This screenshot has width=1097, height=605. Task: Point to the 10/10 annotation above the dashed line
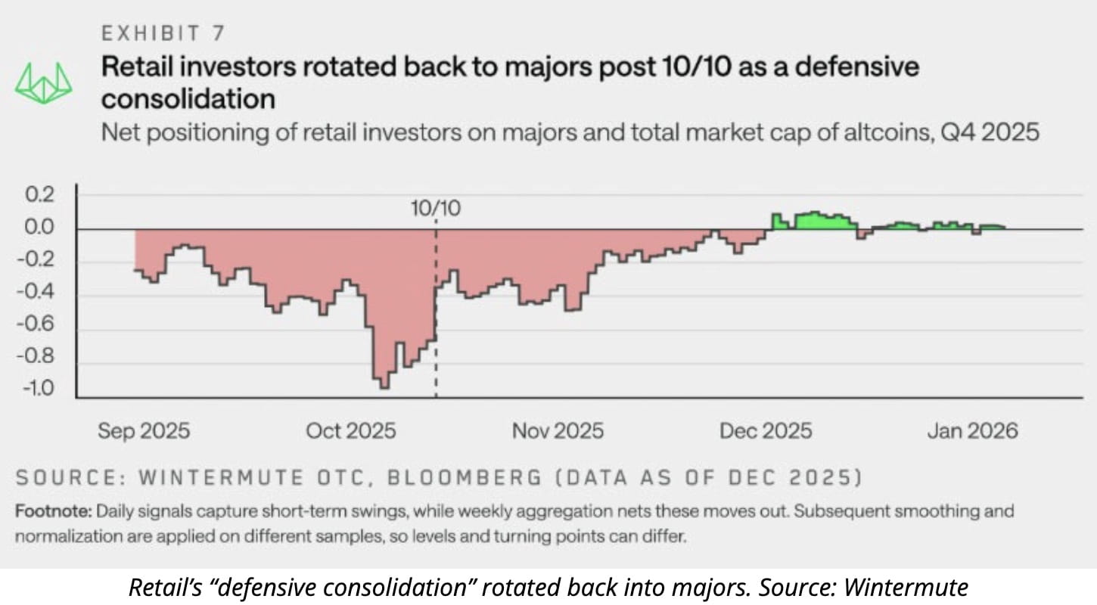[436, 209]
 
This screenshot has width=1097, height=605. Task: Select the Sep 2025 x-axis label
[144, 431]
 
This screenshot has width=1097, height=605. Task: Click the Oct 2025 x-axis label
[350, 431]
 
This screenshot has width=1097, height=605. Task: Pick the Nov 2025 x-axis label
[558, 431]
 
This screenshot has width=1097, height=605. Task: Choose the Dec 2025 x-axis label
[765, 431]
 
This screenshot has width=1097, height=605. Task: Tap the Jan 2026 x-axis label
[972, 431]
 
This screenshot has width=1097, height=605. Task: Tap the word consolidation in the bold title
[188, 99]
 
